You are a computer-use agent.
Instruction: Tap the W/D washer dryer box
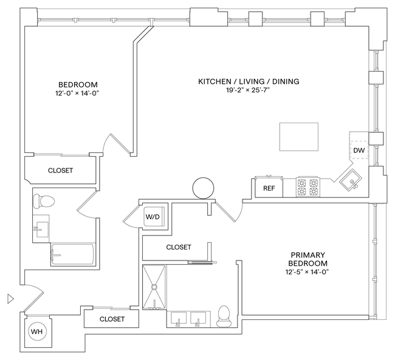pyautogui.click(x=151, y=217)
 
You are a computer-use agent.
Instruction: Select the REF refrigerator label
pyautogui.click(x=269, y=188)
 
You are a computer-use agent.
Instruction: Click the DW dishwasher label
pyautogui.click(x=359, y=150)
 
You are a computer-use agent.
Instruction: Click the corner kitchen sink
pyautogui.click(x=350, y=180)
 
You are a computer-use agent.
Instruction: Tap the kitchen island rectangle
pyautogui.click(x=298, y=137)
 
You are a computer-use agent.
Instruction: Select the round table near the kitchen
pyautogui.click(x=203, y=188)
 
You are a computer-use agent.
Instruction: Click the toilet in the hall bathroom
pyautogui.click(x=43, y=200)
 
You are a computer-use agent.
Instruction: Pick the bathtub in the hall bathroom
pyautogui.click(x=72, y=254)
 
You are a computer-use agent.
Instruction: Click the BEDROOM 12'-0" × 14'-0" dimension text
pyautogui.click(x=78, y=93)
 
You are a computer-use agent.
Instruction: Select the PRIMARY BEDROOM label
pyautogui.click(x=309, y=259)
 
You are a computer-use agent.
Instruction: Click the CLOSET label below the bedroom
pyautogui.click(x=60, y=171)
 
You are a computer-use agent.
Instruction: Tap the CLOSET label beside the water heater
pyautogui.click(x=112, y=319)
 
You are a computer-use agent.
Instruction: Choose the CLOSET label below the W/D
pyautogui.click(x=178, y=247)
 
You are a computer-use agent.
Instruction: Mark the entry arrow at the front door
pyautogui.click(x=10, y=298)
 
